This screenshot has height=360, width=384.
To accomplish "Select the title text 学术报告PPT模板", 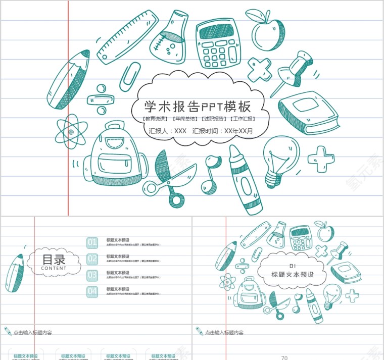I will click(x=198, y=107).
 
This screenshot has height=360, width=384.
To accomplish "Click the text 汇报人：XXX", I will click(x=168, y=131).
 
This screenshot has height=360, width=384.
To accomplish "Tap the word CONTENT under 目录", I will click(x=54, y=269).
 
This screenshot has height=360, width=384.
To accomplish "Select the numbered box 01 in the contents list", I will click(x=92, y=243).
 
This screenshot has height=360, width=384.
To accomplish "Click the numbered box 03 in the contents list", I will click(x=92, y=275).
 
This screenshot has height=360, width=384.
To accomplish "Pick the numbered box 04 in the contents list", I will click(x=92, y=291).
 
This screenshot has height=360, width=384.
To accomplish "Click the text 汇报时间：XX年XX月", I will click(x=223, y=131).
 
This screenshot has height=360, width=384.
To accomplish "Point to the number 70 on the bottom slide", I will click(x=284, y=357).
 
